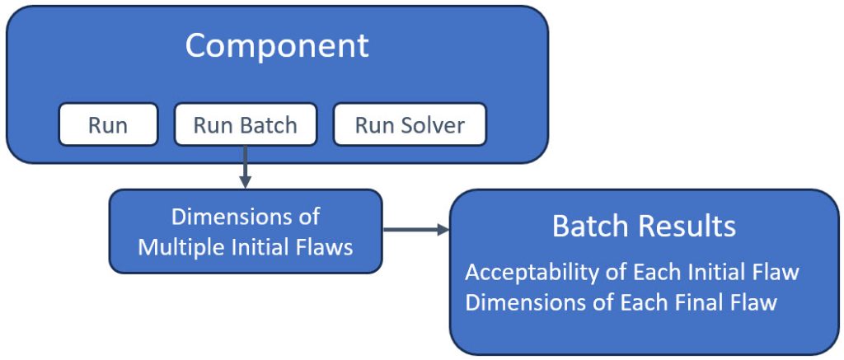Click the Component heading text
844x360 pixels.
(x=276, y=45)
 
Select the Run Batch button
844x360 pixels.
(x=245, y=125)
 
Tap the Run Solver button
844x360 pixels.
(x=410, y=125)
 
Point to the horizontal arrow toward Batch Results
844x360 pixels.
(x=415, y=230)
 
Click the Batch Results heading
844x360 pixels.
(x=644, y=226)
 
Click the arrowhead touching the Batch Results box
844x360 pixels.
(x=443, y=230)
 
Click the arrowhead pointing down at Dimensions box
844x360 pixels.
(x=245, y=183)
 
